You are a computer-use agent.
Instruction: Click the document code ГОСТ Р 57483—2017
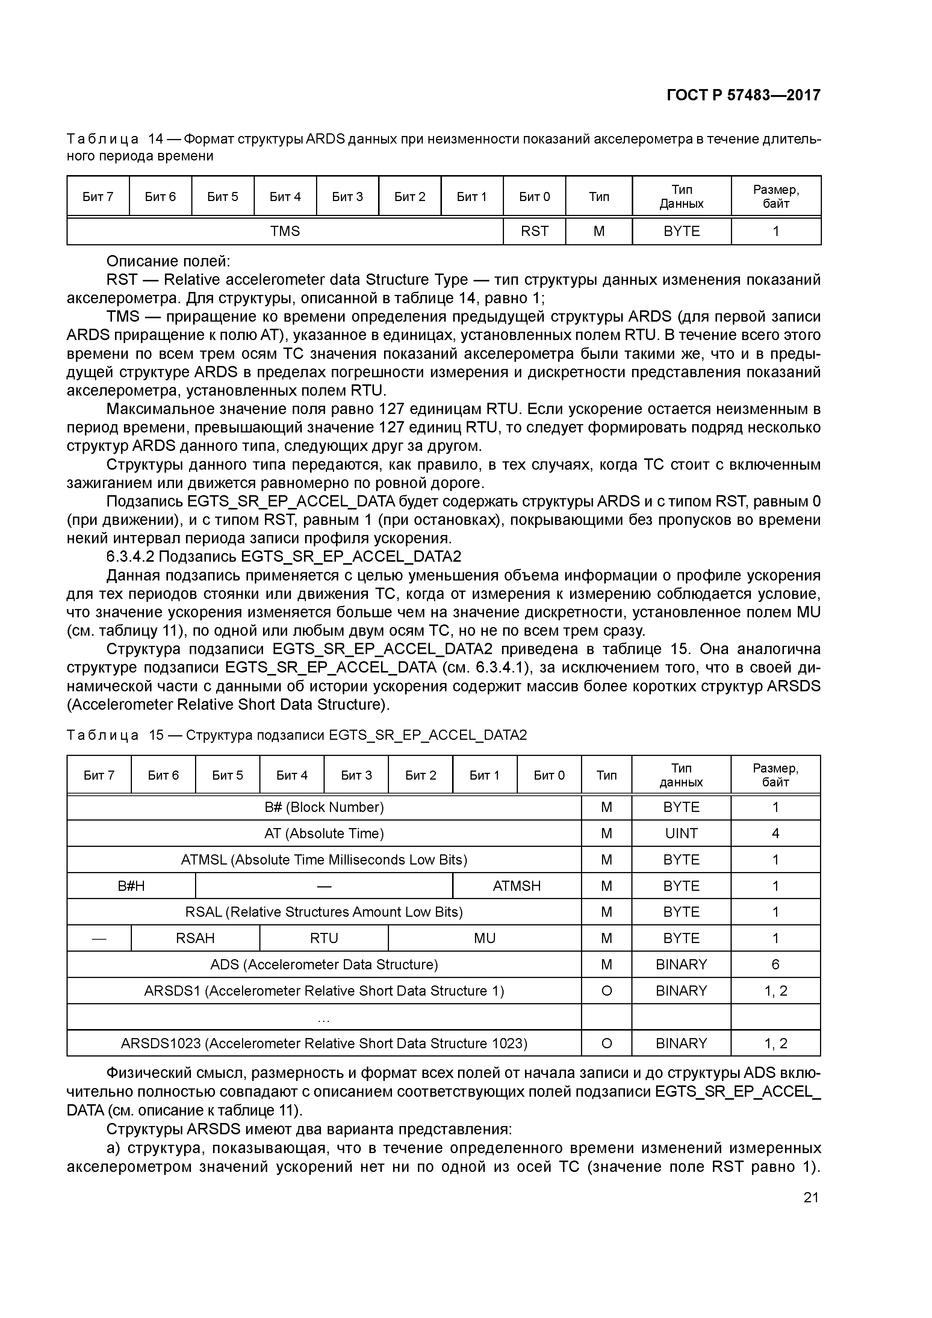744,95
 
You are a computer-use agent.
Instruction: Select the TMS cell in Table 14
285,231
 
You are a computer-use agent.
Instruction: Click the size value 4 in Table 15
775,833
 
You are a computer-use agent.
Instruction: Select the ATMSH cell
517,886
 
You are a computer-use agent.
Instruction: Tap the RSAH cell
195,938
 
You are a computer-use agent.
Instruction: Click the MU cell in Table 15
485,938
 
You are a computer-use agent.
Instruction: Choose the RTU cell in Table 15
324,938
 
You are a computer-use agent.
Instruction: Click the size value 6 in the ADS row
775,964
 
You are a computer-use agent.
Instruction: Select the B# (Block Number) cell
324,808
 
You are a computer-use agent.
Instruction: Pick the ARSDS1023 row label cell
324,1043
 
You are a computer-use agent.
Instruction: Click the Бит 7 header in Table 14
98,197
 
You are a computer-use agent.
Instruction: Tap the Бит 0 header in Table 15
549,775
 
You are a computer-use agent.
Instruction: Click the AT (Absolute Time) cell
324,833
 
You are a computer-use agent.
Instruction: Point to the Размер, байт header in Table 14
776,197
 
